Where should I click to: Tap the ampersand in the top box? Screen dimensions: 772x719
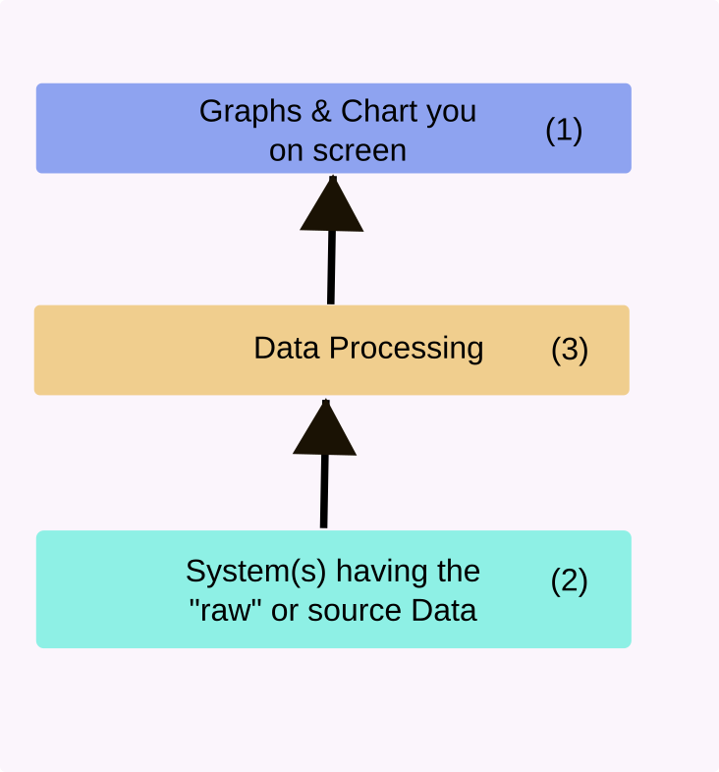(322, 110)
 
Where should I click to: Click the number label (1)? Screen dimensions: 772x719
(564, 130)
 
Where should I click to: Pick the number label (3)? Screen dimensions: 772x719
(570, 350)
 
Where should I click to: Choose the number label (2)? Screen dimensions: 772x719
(569, 580)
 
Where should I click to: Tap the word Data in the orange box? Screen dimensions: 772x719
(287, 349)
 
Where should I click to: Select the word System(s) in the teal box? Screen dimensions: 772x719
(242, 571)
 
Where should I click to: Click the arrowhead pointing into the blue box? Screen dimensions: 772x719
(332, 207)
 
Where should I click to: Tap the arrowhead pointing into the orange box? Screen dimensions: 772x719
(325, 430)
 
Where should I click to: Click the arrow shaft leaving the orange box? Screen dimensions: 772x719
(331, 267)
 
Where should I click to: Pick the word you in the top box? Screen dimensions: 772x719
(451, 111)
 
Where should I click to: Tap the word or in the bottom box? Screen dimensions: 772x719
(285, 611)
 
